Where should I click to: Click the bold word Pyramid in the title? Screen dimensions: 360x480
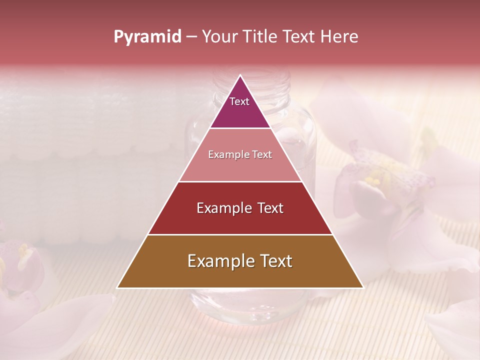[147, 37]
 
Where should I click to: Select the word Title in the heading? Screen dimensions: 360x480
[259, 37]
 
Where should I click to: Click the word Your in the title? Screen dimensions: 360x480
[219, 37]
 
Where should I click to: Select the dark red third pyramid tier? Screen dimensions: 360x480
[240, 208]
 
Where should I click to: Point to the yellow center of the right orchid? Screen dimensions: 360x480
[374, 178]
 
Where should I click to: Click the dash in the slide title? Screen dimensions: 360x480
[191, 37]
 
